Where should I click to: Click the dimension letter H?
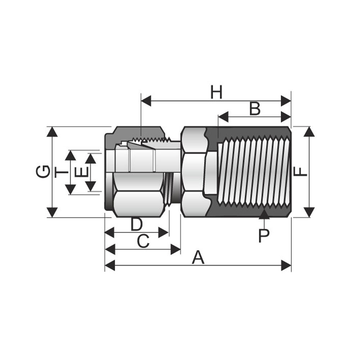coord(216,92)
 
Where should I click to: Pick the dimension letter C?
coord(143,241)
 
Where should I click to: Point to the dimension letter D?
coord(136,224)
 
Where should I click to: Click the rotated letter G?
coord(43,171)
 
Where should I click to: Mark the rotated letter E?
coord(82,172)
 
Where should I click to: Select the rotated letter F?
coord(300,171)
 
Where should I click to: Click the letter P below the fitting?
coord(264,235)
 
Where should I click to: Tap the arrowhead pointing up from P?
coord(264,214)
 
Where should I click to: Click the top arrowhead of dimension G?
coord(52,131)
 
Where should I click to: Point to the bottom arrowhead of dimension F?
coord(309,212)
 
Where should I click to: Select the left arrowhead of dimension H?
coord(146,101)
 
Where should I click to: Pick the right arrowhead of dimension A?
coord(286,265)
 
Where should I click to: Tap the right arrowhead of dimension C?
coord(176,249)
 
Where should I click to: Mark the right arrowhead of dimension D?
coord(164,233)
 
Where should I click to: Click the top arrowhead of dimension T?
coord(71,156)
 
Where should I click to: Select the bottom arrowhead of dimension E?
coord(90,186)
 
